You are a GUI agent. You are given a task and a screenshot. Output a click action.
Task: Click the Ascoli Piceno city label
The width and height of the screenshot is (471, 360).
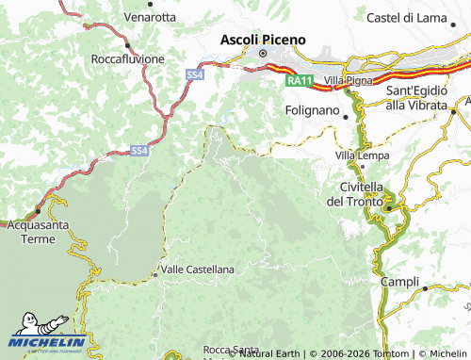(x=263, y=41)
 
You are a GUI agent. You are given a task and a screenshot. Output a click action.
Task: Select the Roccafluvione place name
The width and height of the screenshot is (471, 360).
(x=127, y=58)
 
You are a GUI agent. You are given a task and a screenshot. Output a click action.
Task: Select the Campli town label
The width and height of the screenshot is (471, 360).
(x=400, y=282)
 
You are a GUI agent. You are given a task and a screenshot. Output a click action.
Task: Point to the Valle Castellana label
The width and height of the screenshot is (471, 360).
(x=198, y=270)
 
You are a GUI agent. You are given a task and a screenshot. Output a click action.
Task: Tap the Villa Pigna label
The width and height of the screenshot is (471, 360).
(x=348, y=81)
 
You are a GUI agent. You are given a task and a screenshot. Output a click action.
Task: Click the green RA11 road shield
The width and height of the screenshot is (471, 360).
(x=299, y=81)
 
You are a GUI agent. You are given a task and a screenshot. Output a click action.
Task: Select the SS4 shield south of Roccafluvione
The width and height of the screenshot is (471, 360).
(x=193, y=74)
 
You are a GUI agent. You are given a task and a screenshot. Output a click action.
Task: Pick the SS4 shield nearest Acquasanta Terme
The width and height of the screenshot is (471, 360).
(x=138, y=150)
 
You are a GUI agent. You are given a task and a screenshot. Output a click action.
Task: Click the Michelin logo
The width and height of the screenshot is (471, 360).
(x=47, y=340)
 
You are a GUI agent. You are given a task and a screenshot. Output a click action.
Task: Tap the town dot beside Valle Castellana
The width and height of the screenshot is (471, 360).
(x=155, y=274)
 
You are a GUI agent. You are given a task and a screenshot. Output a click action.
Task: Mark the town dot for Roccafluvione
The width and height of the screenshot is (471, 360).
(x=127, y=43)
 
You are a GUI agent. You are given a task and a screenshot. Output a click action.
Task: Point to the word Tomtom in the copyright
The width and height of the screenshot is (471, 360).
(x=372, y=353)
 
